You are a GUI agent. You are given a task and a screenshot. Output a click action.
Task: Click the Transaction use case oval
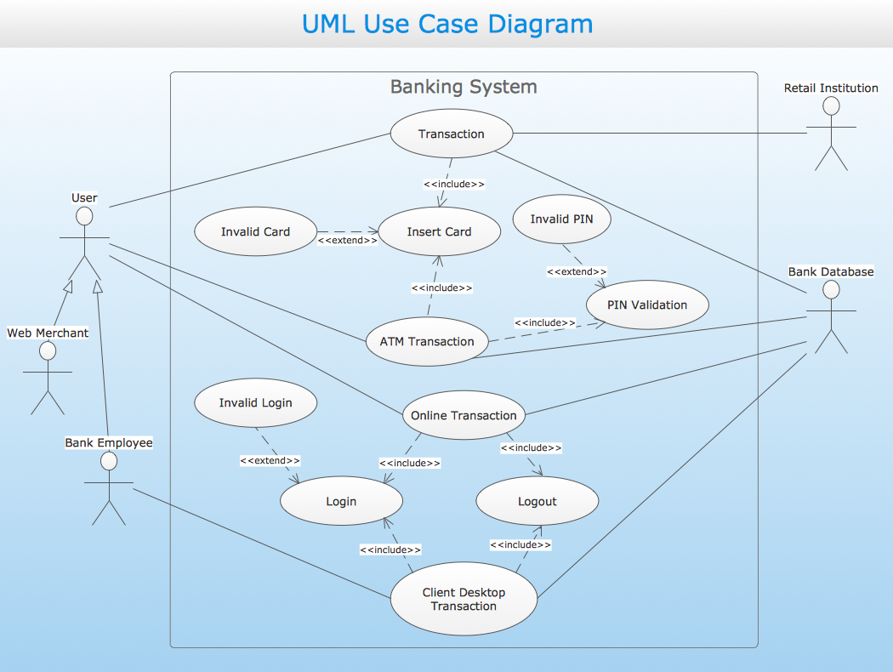click(x=452, y=134)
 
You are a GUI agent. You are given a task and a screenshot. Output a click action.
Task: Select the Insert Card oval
click(x=439, y=231)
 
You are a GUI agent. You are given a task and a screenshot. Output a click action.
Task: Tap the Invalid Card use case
click(x=255, y=231)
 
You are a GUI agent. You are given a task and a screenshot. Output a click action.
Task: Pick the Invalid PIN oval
click(x=562, y=219)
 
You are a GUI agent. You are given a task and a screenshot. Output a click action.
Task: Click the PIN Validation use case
click(x=647, y=305)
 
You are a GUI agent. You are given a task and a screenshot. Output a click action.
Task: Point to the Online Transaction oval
click(x=464, y=416)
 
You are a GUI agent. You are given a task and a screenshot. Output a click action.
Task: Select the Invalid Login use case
click(x=255, y=403)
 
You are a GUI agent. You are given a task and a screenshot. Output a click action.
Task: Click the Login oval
click(x=341, y=502)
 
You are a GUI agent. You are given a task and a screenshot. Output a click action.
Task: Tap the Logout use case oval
click(x=538, y=502)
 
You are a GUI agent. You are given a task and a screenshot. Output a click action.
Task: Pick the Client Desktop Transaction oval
click(x=464, y=600)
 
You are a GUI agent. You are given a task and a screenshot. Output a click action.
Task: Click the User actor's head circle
click(x=84, y=216)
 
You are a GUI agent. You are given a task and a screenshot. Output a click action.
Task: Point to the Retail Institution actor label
click(x=831, y=88)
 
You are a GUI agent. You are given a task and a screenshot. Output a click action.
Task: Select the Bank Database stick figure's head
click(x=831, y=290)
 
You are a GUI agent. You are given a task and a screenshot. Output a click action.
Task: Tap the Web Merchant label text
click(x=48, y=333)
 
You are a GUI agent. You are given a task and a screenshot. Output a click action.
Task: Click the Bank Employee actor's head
click(x=108, y=461)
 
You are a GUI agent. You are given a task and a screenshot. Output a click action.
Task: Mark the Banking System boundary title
click(x=464, y=87)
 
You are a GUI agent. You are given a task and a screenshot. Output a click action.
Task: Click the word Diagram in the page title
click(x=540, y=24)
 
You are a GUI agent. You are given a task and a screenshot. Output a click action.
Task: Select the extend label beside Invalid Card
click(x=347, y=241)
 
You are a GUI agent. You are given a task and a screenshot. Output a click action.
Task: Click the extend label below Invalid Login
click(x=270, y=460)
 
